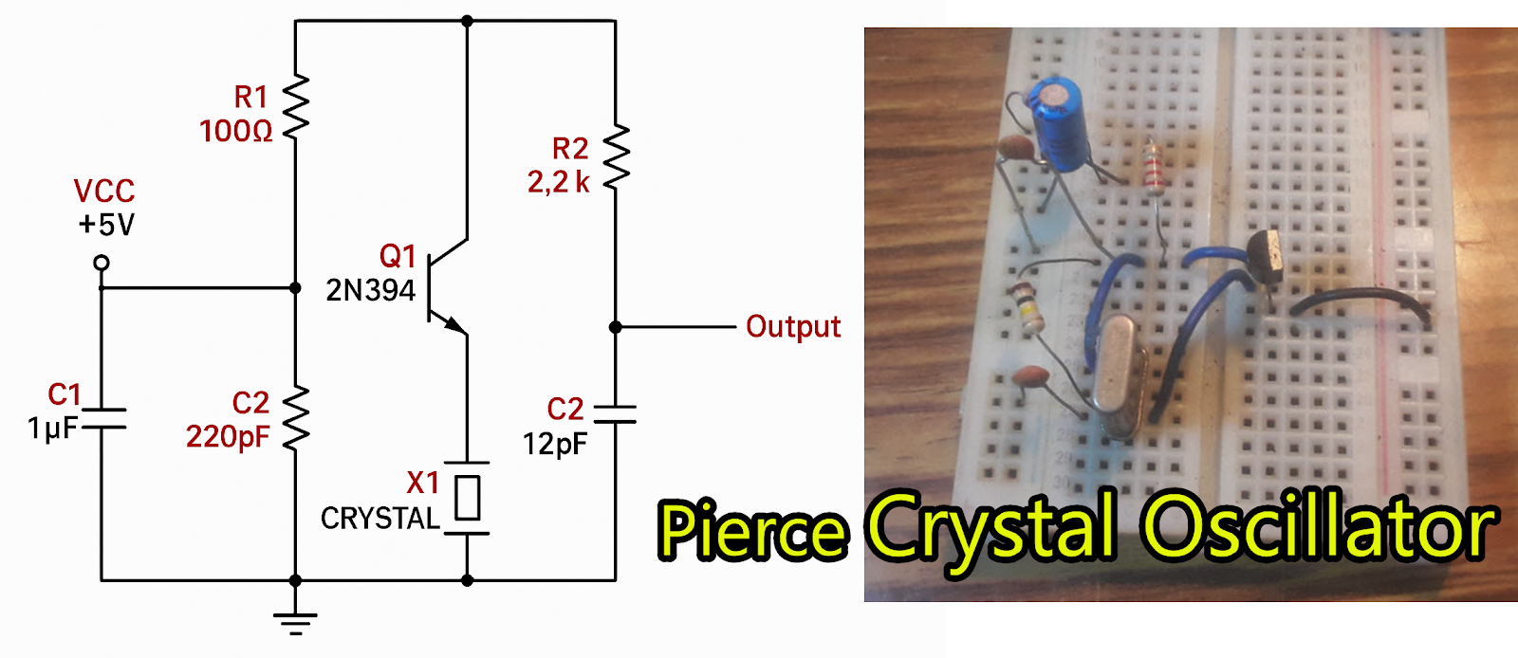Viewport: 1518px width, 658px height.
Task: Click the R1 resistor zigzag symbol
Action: (x=296, y=106)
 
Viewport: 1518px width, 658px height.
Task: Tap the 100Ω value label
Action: (x=236, y=131)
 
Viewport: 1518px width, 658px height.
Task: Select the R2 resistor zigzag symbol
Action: (x=616, y=157)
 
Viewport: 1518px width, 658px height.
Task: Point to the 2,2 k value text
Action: (x=558, y=182)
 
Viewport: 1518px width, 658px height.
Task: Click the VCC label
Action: (x=104, y=192)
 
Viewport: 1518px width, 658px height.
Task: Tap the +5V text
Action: (x=106, y=225)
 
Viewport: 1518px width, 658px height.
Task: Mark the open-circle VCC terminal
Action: (x=102, y=263)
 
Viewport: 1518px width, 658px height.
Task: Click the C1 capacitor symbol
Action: (x=102, y=419)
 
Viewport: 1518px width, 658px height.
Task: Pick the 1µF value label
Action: (x=52, y=429)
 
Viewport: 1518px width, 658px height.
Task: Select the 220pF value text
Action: (x=228, y=436)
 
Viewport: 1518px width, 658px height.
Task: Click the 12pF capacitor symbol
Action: (x=615, y=413)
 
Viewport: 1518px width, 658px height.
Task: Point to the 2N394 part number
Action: (x=370, y=290)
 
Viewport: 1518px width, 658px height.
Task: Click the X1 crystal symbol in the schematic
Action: (x=467, y=498)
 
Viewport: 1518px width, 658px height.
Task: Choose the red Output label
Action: (x=793, y=327)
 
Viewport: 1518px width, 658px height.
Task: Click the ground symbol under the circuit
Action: (x=295, y=622)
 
